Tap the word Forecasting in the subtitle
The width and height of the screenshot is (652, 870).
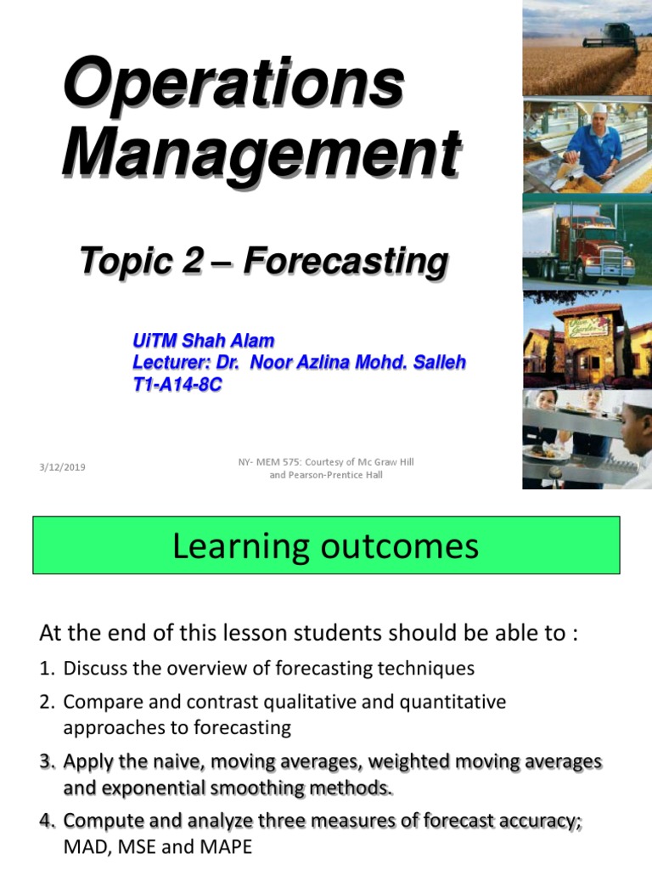(x=346, y=262)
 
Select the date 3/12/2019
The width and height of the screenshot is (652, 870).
(x=68, y=467)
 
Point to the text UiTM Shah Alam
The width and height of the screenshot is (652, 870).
(x=203, y=342)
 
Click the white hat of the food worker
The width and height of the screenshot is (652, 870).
(x=599, y=109)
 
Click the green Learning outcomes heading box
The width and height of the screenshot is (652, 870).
(x=326, y=546)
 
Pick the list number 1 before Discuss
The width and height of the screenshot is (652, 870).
(x=46, y=669)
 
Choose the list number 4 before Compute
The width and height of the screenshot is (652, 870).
(x=46, y=822)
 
